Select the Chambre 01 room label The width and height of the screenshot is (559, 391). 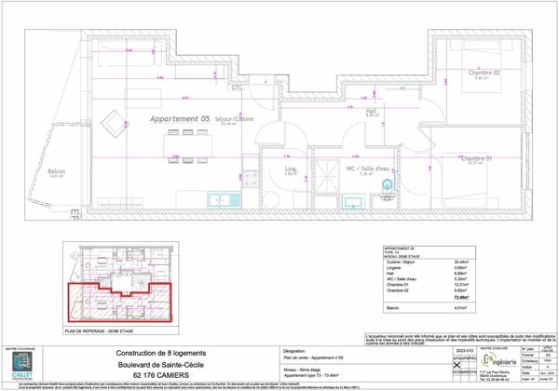(475, 159)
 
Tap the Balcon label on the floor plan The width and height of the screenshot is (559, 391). (56, 171)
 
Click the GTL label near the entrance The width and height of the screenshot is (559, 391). (237, 88)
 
